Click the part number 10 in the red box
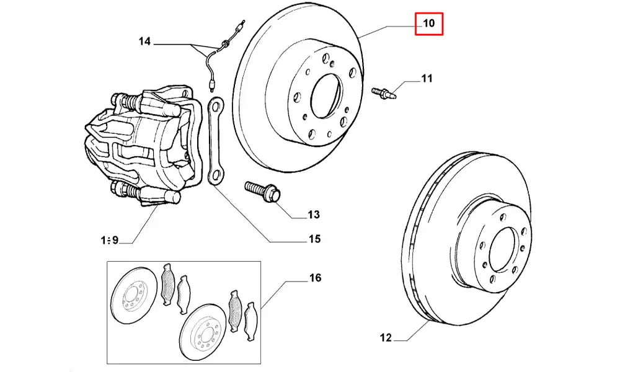click(x=429, y=25)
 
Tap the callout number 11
click(x=427, y=79)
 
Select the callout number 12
click(x=386, y=338)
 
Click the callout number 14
click(x=144, y=42)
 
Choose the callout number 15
click(x=314, y=239)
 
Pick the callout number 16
click(x=315, y=278)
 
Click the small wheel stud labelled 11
click(x=384, y=93)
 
